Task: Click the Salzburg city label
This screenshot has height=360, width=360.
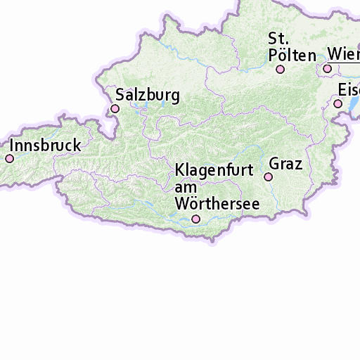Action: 148,95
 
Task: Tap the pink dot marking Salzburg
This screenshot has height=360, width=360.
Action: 115,108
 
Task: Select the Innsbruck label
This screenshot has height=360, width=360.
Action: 46,146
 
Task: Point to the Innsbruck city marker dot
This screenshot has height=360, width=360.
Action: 10,159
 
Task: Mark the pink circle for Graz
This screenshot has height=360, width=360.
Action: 268,177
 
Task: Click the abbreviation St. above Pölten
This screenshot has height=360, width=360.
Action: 277,38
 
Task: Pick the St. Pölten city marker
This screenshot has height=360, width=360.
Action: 280,69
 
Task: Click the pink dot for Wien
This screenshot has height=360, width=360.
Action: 328,68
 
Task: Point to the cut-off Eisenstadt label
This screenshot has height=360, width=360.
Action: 349,90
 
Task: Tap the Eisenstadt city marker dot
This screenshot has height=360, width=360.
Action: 338,103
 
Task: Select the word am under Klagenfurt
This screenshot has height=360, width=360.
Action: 184,188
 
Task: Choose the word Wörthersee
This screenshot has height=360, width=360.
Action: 217,204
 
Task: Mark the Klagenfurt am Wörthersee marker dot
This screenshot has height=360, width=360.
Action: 196,219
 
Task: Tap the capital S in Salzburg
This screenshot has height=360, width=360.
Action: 121,95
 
